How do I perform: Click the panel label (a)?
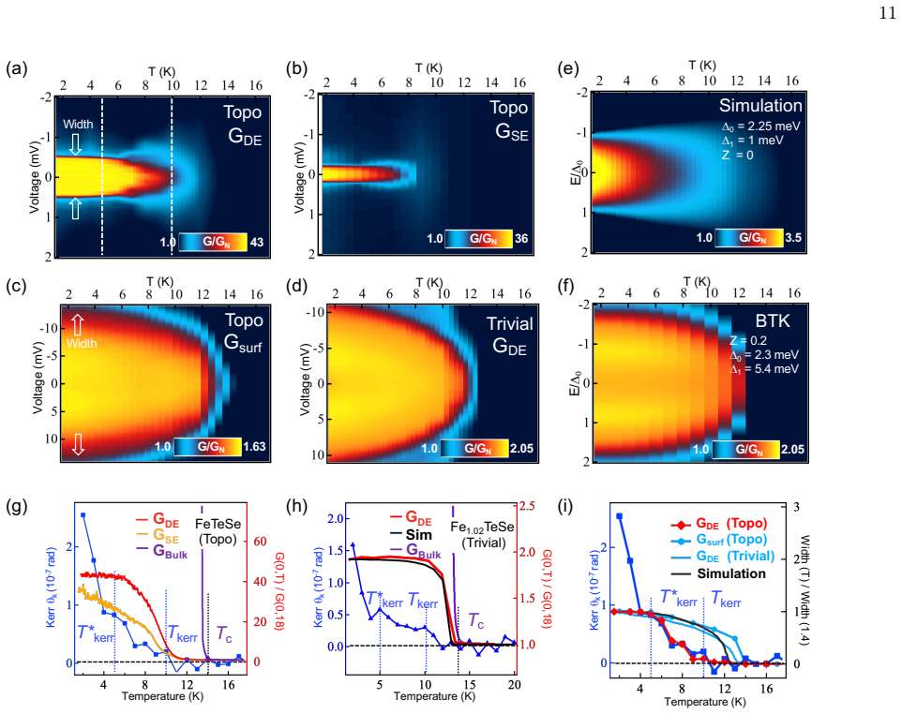(x=16, y=69)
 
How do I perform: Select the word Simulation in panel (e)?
(x=759, y=106)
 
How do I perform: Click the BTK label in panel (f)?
(x=773, y=320)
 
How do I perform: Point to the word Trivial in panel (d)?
(x=510, y=323)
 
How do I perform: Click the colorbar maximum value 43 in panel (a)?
(x=257, y=242)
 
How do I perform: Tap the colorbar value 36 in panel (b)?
(x=521, y=239)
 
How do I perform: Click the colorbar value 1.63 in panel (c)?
(x=254, y=447)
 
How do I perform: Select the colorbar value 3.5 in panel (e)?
(x=793, y=237)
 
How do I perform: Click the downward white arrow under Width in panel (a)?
(x=75, y=143)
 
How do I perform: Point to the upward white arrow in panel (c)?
(x=78, y=325)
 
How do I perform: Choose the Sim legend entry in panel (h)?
(x=412, y=535)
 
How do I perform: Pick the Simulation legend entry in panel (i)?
(x=719, y=573)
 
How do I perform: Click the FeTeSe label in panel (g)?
(x=218, y=525)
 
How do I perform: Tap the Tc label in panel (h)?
(x=476, y=621)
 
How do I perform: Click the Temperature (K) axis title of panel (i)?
(x=705, y=702)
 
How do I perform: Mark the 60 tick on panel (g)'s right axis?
(x=260, y=542)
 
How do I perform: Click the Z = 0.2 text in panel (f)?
(x=748, y=340)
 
